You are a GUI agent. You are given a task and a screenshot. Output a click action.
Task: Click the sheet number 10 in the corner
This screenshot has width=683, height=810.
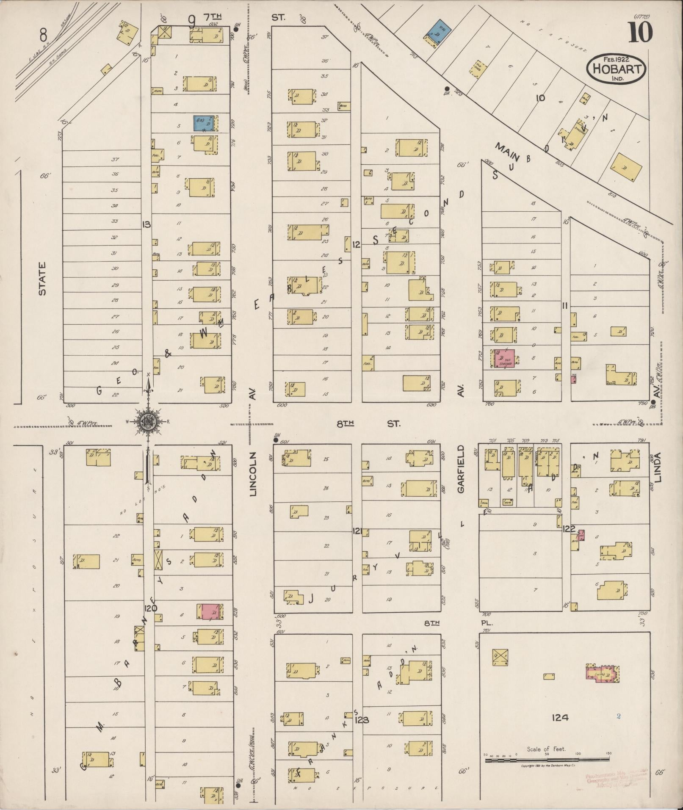(x=640, y=33)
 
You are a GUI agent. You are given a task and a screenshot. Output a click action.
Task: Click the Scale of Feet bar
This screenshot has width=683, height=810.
(x=546, y=760)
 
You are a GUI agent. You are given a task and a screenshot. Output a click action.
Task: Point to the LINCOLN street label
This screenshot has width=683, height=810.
(x=253, y=473)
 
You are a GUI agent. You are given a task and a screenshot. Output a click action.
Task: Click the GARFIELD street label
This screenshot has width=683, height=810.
(x=461, y=469)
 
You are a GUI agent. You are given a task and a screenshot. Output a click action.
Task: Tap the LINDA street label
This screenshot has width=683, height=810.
(x=657, y=467)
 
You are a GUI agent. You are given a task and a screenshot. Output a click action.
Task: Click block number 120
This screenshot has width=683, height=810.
(x=150, y=608)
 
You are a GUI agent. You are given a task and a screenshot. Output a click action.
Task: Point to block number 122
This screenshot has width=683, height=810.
(x=569, y=529)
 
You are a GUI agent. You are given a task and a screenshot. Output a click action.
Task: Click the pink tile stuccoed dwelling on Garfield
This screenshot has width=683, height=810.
(x=504, y=358)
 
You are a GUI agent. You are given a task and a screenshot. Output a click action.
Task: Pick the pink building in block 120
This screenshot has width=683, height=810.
(x=210, y=611)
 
